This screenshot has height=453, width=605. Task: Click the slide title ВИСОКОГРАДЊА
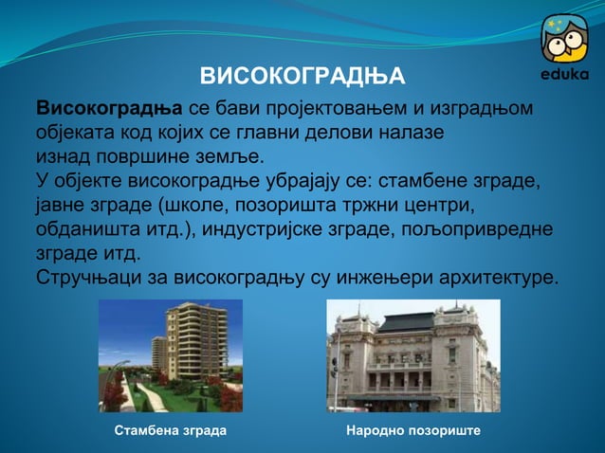(x=302, y=76)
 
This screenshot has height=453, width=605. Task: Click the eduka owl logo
(x=564, y=39)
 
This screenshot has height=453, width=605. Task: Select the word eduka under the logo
(x=564, y=75)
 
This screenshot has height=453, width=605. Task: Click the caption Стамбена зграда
(x=170, y=431)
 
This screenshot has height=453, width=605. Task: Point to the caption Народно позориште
(x=413, y=431)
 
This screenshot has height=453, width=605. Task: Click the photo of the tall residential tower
(x=171, y=355)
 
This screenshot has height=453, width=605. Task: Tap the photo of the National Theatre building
(x=413, y=355)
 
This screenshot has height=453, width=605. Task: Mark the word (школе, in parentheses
(x=200, y=206)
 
